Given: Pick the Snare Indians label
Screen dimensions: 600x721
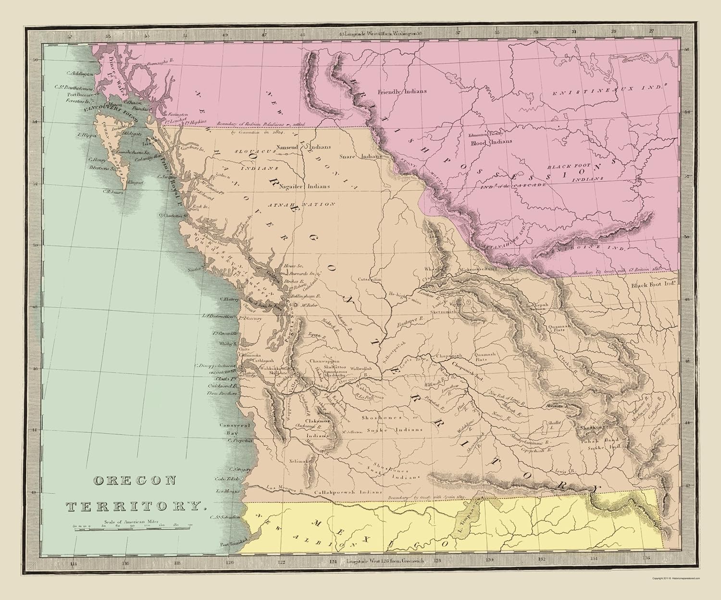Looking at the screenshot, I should tap(363, 156).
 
